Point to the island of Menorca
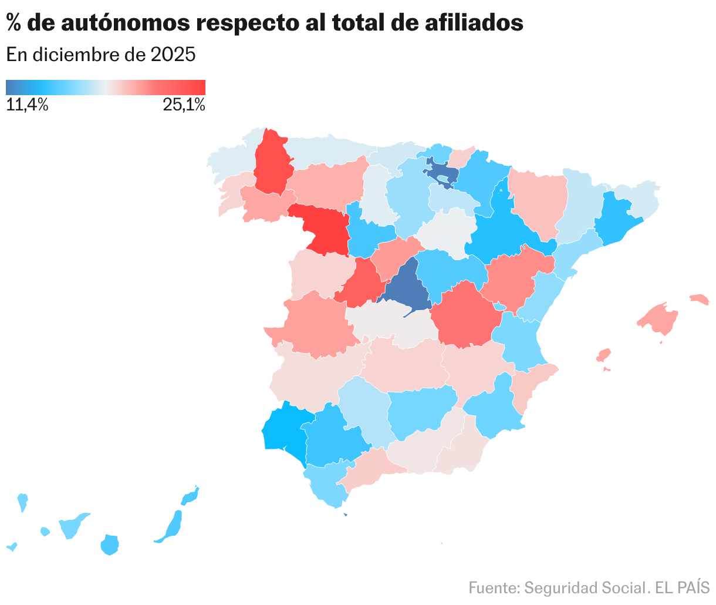[x=700, y=299]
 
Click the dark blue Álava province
[x=443, y=174]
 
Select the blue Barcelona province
[x=616, y=220]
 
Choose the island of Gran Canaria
[x=110, y=544]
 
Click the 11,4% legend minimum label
[x=27, y=106]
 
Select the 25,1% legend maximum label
[x=184, y=106]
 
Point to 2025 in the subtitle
[x=173, y=55]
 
